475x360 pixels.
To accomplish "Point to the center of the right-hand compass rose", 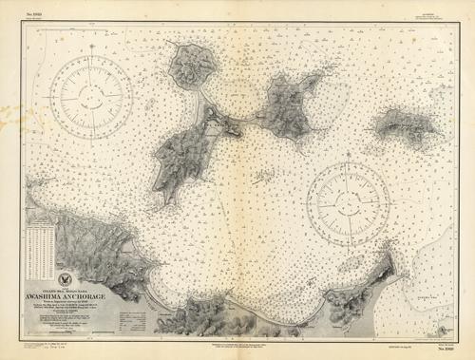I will coord(349,199).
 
